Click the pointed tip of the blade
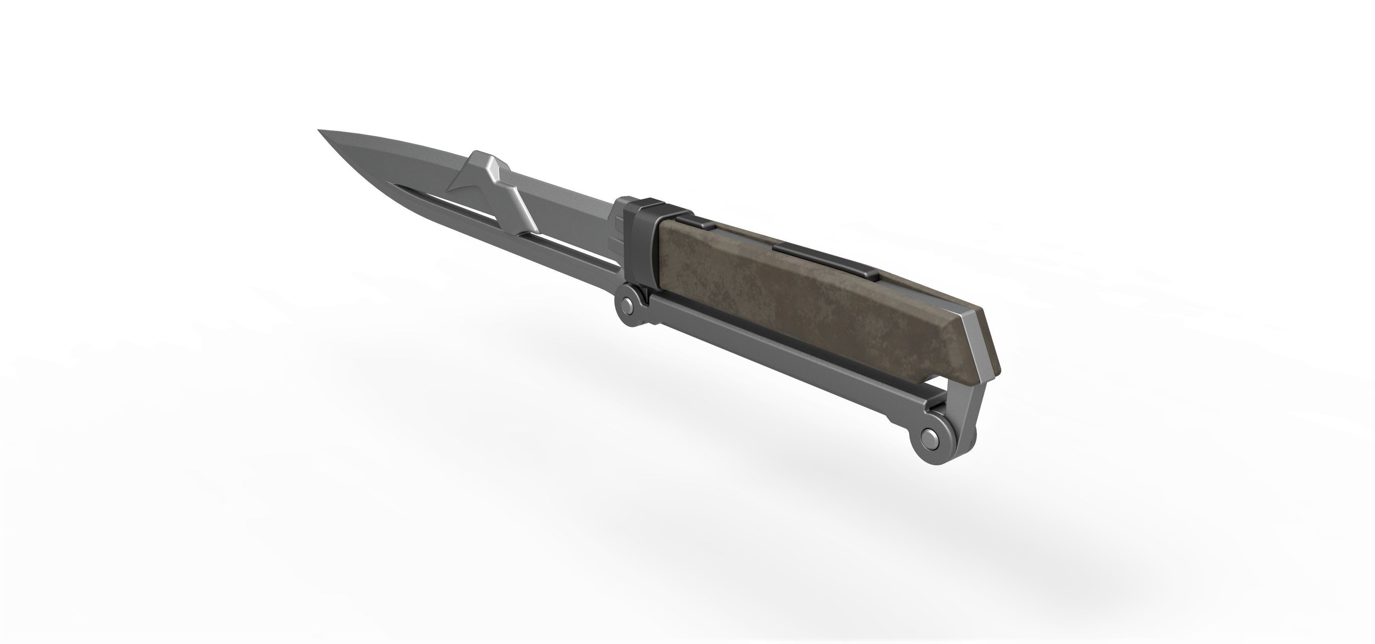(x=320, y=131)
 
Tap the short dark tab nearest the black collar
(x=693, y=223)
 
